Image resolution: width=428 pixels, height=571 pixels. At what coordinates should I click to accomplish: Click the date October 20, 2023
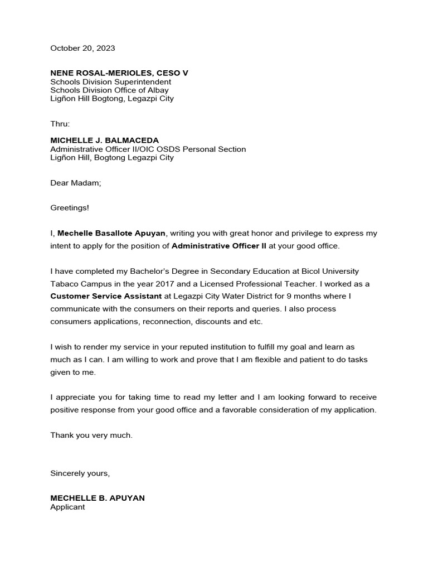coord(82,49)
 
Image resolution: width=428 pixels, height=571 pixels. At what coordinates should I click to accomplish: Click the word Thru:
coord(60,124)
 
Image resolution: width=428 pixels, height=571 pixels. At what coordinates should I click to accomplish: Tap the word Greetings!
coord(70,207)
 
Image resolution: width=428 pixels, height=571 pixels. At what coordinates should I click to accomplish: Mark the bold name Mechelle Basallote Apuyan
coord(111,233)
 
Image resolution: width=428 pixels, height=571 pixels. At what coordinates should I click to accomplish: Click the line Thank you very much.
coord(91,435)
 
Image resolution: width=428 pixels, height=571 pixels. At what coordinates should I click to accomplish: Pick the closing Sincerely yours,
coord(80,473)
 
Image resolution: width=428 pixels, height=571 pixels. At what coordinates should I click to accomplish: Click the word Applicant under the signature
coord(67,507)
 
